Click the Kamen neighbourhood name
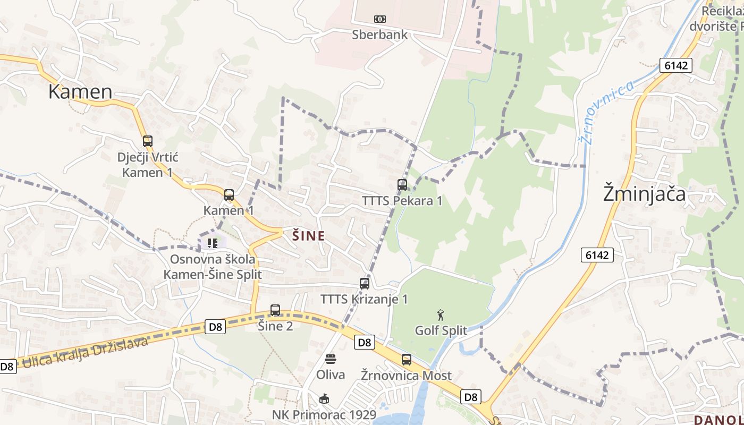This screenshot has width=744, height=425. tap(80, 92)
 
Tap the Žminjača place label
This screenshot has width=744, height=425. tap(644, 194)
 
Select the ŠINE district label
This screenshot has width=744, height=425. tap(308, 236)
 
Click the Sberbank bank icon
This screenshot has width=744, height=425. tap(379, 19)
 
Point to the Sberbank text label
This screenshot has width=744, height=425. tap(379, 35)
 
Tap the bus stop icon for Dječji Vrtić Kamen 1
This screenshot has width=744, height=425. tap(148, 141)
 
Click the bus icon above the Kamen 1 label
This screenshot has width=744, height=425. tap(229, 195)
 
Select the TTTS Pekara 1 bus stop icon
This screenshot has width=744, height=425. tap(402, 185)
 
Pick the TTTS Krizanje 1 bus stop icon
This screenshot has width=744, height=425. tap(364, 284)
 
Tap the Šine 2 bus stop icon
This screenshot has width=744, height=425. tap(275, 310)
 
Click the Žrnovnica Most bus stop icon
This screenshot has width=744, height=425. tap(407, 360)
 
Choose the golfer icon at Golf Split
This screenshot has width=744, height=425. tap(441, 315)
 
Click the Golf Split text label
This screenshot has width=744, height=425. tap(441, 330)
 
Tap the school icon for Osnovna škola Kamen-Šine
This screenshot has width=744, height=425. tap(213, 243)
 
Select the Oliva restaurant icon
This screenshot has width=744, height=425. tap(331, 359)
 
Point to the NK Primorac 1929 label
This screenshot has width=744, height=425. tap(324, 415)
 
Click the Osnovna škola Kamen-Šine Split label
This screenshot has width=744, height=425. tap(213, 267)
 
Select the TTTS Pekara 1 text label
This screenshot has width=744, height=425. tap(402, 201)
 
